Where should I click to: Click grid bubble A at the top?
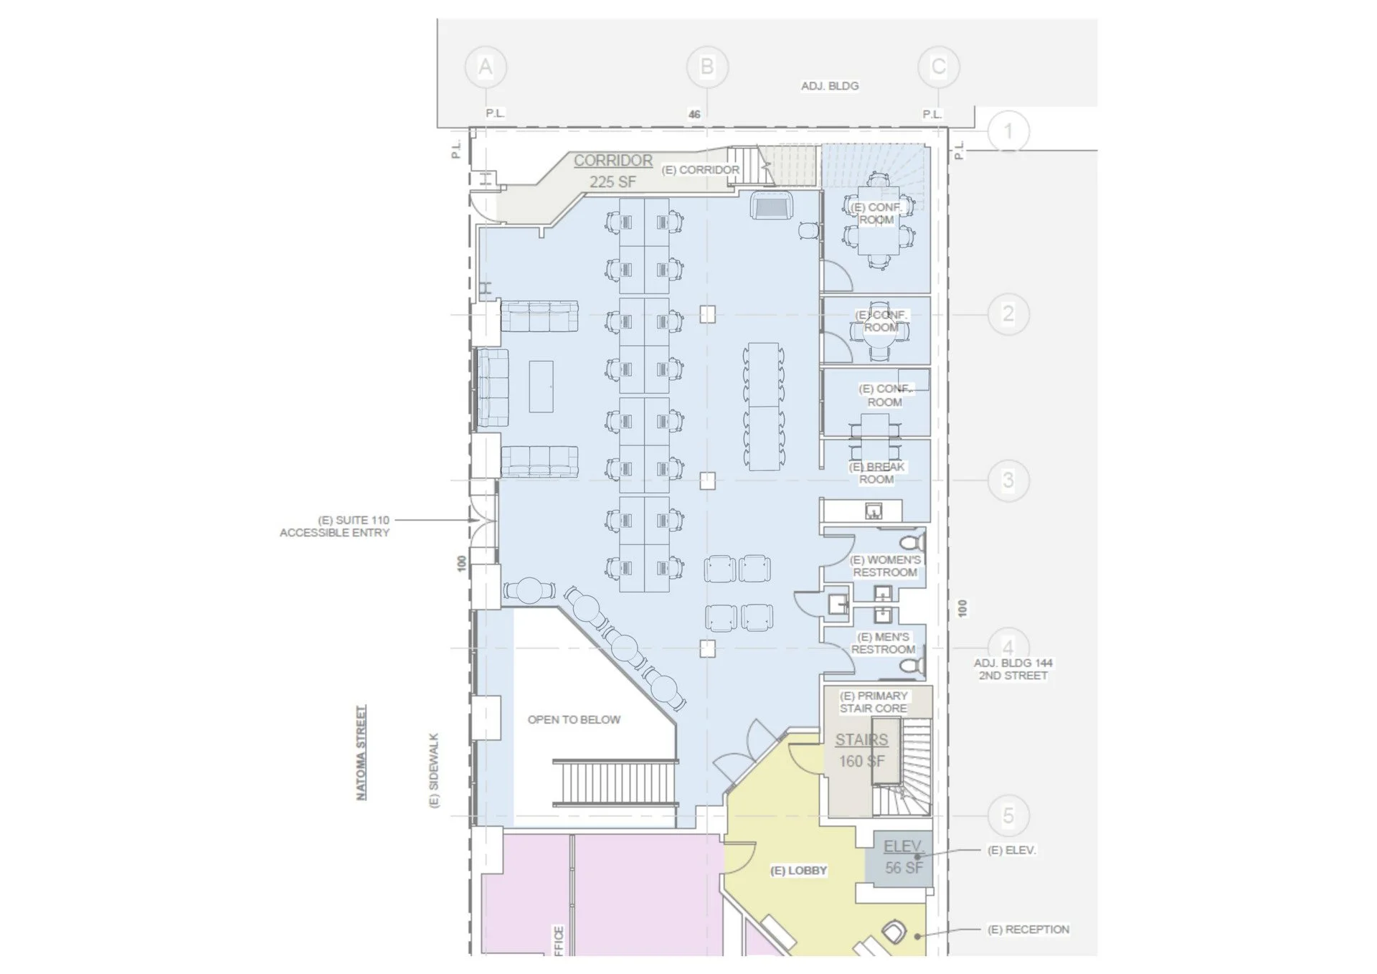[486, 67]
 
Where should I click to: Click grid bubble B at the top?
[707, 67]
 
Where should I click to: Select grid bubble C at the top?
[938, 67]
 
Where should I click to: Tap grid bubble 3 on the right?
[1008, 480]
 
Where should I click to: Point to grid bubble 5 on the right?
[1008, 815]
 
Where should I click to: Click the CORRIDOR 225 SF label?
[613, 171]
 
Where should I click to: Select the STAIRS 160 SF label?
[861, 750]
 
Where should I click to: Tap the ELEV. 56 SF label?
[903, 857]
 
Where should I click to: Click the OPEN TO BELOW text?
[574, 719]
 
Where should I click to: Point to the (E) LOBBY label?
[798, 871]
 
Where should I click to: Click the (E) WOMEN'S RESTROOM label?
[885, 566]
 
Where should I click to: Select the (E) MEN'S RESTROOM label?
[884, 643]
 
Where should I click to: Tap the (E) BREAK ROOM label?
[877, 473]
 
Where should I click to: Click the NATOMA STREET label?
[361, 752]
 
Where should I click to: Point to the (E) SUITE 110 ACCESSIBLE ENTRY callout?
[335, 526]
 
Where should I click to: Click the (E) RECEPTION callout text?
[1028, 930]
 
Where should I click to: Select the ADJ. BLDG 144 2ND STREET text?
[1013, 669]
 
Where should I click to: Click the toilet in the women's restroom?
[913, 541]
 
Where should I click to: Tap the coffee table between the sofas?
[541, 386]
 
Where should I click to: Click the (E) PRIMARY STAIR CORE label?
[874, 701]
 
